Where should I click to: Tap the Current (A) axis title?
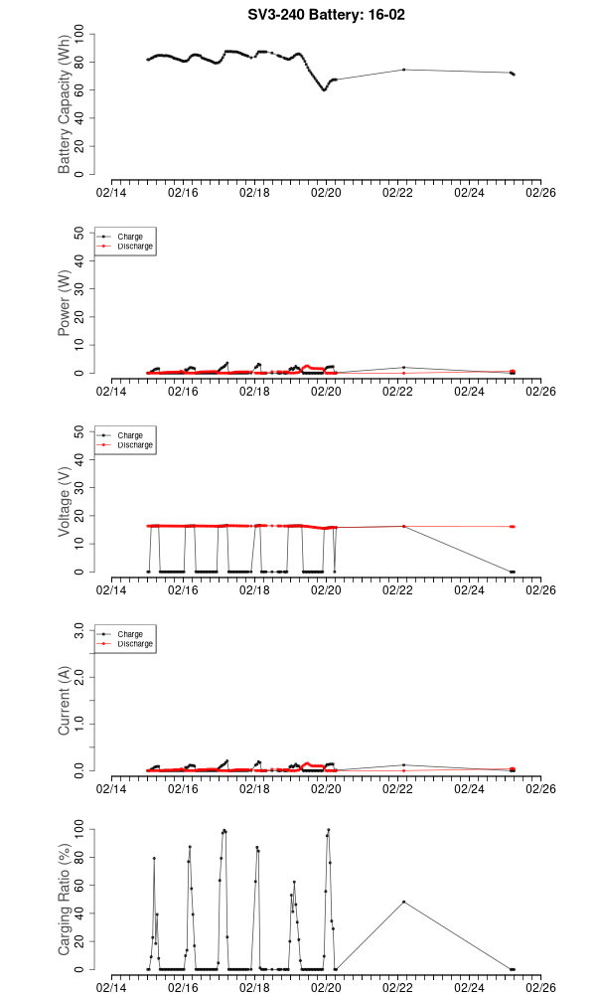click(66, 703)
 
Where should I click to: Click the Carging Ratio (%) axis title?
click(66, 899)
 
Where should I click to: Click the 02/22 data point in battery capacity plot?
click(403, 70)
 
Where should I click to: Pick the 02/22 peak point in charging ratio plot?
click(403, 902)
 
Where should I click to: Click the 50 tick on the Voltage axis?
click(81, 431)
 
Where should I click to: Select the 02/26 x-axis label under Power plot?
click(540, 392)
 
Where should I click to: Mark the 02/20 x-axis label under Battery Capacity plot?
click(326, 193)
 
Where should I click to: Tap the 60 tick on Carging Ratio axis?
click(81, 885)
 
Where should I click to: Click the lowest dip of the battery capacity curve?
click(324, 89)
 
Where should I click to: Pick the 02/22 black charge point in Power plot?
click(403, 368)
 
